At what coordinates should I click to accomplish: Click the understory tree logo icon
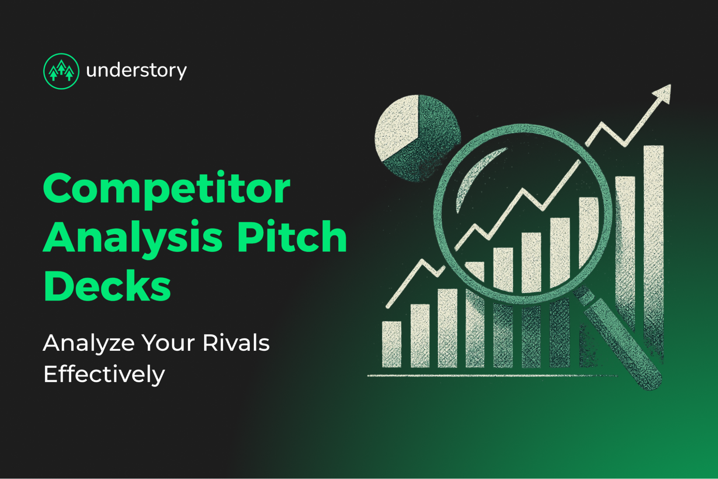point(61,71)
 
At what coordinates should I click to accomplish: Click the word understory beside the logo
point(136,70)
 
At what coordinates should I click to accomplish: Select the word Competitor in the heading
point(166,189)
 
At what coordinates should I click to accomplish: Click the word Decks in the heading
point(107,286)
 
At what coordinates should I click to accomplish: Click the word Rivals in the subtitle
point(236,343)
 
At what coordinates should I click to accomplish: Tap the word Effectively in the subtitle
point(104,374)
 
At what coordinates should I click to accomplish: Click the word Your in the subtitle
point(168,343)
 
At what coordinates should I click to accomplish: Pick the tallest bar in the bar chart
point(653,252)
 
